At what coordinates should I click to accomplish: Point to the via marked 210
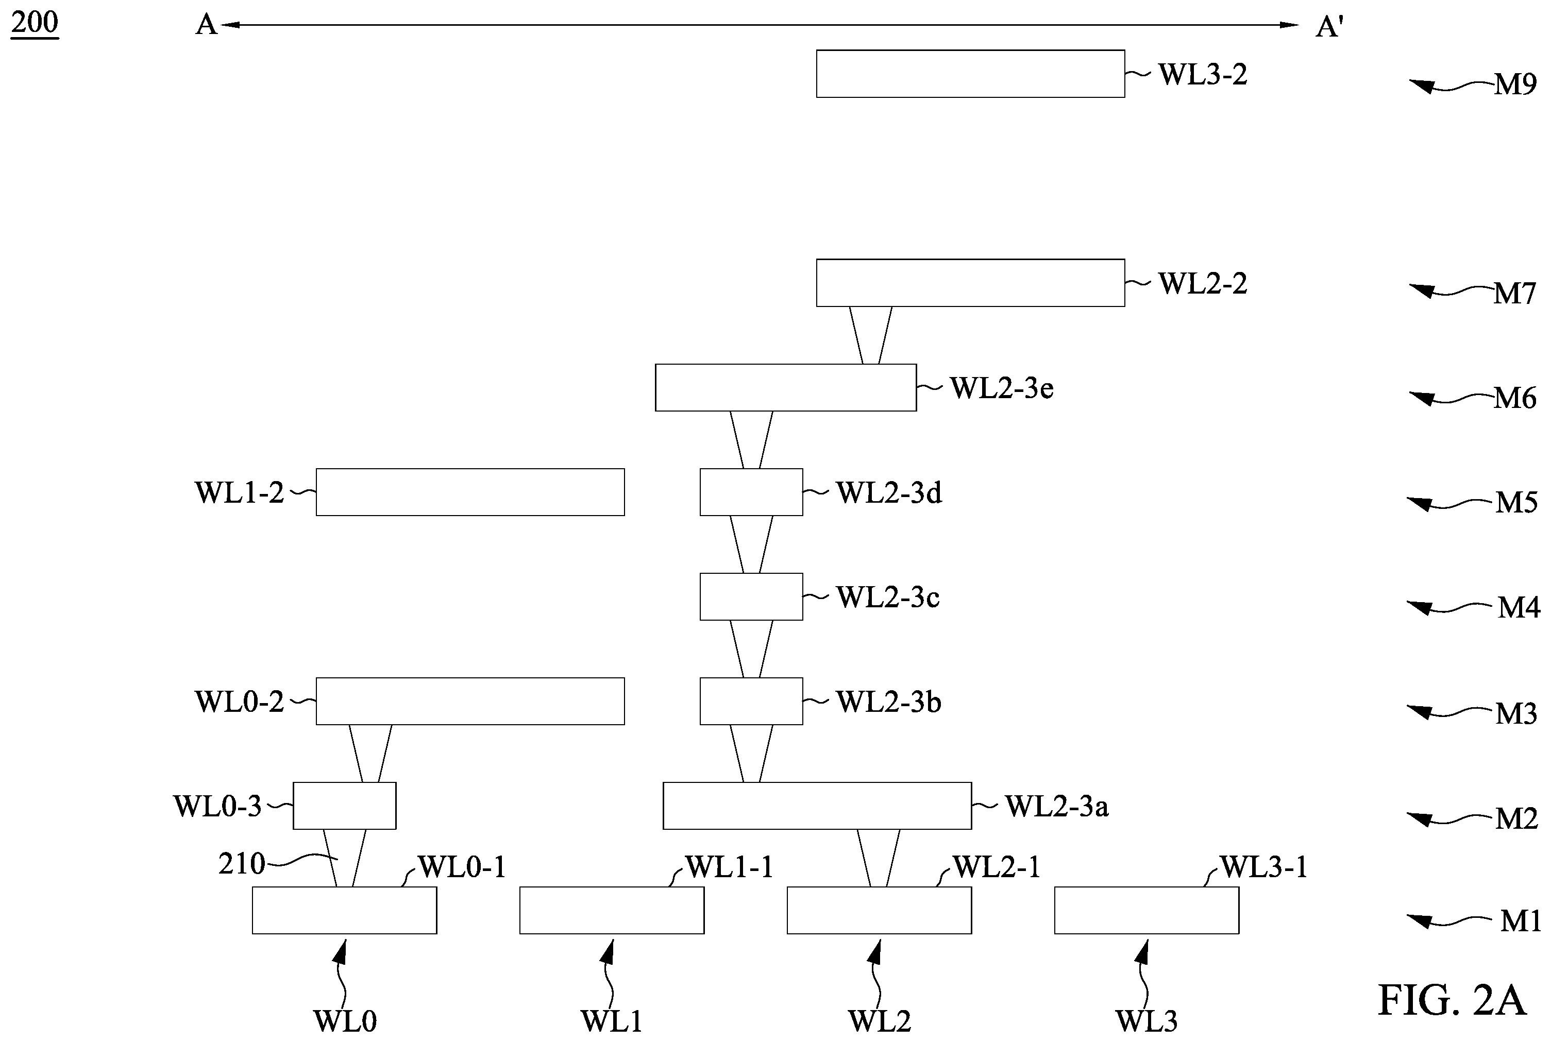[x=344, y=858]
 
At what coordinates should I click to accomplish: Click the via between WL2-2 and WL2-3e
[x=871, y=336]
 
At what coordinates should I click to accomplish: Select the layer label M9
[x=1515, y=84]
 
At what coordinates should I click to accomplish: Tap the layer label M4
[x=1519, y=607]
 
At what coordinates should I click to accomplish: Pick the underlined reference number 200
[x=35, y=22]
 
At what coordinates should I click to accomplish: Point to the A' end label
[x=1329, y=27]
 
